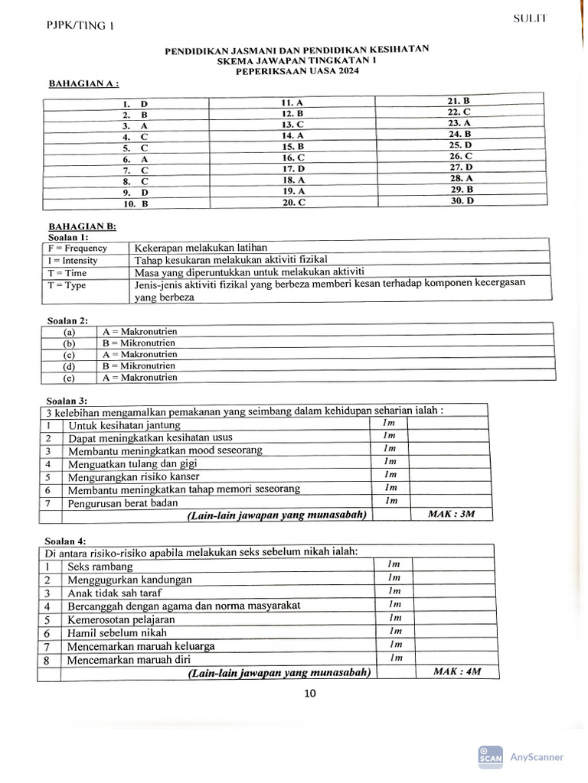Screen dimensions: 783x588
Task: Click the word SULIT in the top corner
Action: [530, 19]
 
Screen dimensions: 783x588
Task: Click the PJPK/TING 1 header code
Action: [80, 26]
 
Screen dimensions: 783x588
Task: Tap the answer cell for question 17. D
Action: [293, 168]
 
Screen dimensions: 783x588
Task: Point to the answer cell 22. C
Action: [459, 112]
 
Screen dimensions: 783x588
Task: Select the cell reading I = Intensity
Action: [73, 260]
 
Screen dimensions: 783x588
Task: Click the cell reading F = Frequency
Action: [77, 248]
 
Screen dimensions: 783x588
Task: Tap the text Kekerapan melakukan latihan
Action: [200, 248]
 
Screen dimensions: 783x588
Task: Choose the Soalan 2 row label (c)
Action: [70, 355]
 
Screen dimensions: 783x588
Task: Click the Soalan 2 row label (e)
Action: [70, 378]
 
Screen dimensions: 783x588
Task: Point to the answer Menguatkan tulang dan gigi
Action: [133, 463]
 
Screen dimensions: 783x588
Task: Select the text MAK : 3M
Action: [452, 514]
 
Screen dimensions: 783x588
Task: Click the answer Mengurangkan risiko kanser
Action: [134, 476]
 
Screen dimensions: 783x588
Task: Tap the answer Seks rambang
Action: [100, 567]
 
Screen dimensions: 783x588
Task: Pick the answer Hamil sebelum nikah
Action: [116, 633]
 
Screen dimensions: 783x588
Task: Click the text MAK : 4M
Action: [456, 671]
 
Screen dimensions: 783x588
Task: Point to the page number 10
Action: [309, 694]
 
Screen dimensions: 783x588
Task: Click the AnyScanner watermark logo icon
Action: [490, 755]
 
